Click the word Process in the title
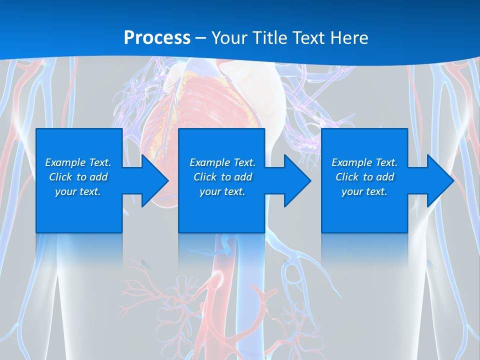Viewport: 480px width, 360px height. pyautogui.click(x=157, y=37)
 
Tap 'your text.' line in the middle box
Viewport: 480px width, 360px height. pyautogui.click(x=222, y=191)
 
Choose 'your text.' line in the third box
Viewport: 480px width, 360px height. pyautogui.click(x=364, y=191)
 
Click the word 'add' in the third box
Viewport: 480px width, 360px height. pyautogui.click(x=384, y=177)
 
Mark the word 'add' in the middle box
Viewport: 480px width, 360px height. pyautogui.click(x=242, y=177)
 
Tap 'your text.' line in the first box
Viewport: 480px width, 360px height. pyautogui.click(x=77, y=191)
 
